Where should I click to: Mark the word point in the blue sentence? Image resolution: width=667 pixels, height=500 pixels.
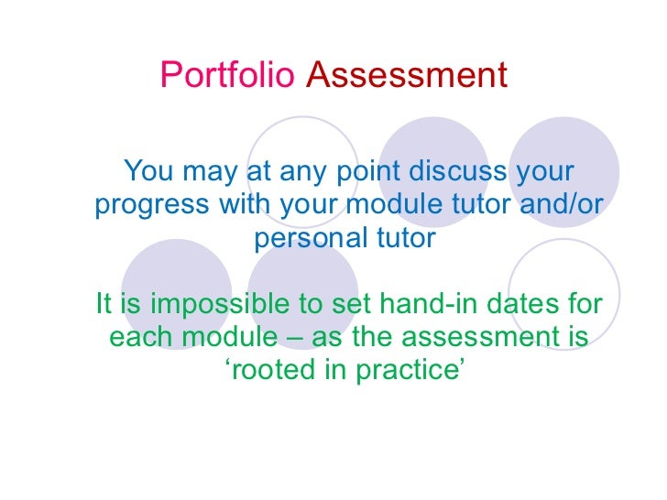[370, 171]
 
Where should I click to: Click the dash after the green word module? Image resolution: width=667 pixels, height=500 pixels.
[295, 337]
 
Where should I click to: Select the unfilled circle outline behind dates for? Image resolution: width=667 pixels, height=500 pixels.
[563, 266]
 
